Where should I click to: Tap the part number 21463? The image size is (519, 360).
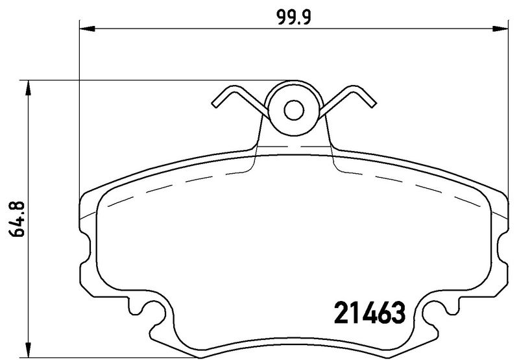369,314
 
